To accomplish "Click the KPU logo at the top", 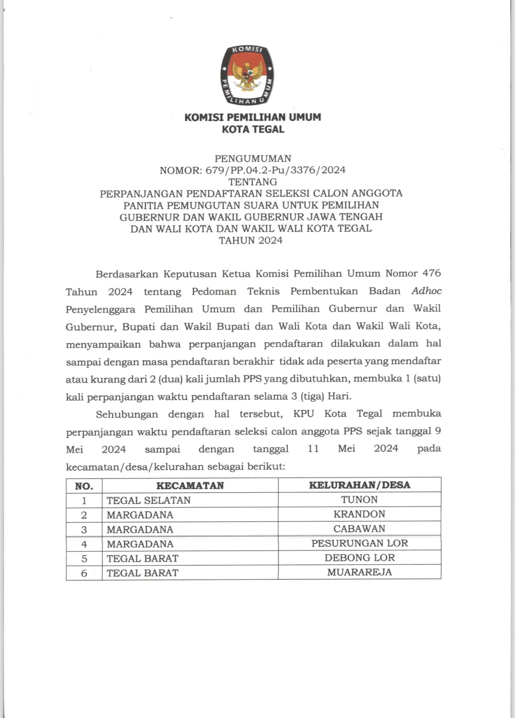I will click(247, 75).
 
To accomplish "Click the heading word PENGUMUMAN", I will click(253, 158).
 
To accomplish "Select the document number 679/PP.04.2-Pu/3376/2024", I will click(275, 170).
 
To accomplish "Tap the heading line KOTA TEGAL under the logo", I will click(253, 129).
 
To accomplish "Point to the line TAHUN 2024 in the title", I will click(251, 240).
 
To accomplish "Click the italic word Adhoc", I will click(427, 291).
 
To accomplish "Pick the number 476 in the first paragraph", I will click(431, 273).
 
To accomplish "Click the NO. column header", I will click(84, 486).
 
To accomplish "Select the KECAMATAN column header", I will click(190, 486).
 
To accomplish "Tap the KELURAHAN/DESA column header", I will click(360, 485).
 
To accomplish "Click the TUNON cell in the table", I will click(359, 500).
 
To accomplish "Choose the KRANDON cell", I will click(359, 514).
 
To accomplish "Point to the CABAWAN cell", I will click(359, 529).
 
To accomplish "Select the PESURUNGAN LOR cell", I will click(360, 543).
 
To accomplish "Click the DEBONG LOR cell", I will click(360, 558).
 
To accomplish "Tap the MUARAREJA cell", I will click(359, 572).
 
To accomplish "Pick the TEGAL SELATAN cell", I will click(149, 501).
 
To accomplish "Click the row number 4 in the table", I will click(84, 544).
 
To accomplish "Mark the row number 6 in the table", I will click(84, 573).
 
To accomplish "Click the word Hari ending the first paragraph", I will click(340, 396).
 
